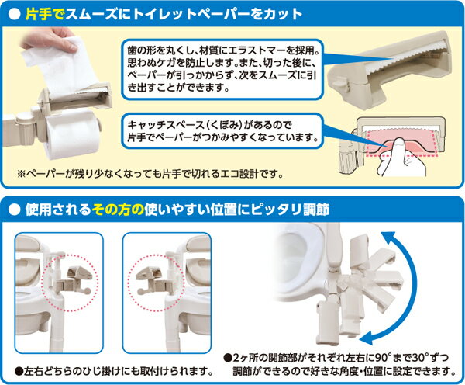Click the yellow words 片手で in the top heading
tap(45, 14)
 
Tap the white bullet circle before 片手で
tap(15, 14)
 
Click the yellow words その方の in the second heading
tap(118, 210)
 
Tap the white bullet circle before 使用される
tap(15, 210)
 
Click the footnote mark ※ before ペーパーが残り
tap(22, 174)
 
